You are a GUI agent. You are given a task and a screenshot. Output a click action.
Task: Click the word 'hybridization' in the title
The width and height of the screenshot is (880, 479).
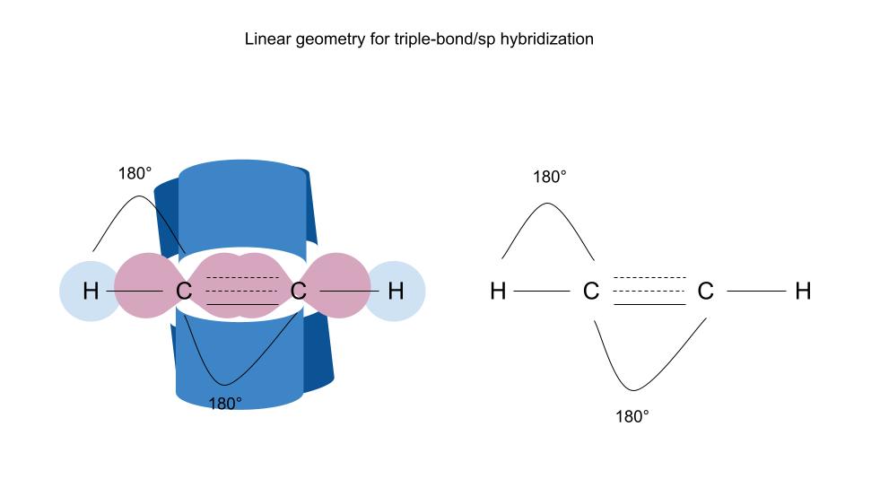tap(549, 40)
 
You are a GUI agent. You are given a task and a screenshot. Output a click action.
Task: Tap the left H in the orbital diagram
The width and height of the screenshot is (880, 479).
tap(90, 292)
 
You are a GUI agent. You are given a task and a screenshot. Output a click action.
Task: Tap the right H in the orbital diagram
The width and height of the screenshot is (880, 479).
tap(396, 292)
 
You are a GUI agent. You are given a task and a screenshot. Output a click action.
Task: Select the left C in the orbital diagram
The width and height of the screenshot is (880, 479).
tap(183, 292)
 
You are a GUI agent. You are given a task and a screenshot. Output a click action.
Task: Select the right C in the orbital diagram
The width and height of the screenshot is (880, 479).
tap(299, 292)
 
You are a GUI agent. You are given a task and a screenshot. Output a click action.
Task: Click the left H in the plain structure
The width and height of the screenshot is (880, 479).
tap(498, 292)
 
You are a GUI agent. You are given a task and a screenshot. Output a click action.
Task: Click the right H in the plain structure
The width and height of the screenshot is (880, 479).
tap(803, 292)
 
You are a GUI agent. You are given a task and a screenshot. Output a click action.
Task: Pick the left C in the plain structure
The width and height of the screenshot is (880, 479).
tap(590, 292)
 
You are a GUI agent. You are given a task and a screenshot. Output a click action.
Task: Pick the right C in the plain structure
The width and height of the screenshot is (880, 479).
tap(706, 292)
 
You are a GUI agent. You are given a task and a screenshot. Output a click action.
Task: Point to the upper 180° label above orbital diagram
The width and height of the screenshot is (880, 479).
tap(135, 173)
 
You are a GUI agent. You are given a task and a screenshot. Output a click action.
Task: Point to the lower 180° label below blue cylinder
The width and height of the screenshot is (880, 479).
tap(225, 403)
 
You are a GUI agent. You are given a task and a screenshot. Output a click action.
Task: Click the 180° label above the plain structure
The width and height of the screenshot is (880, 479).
tap(550, 177)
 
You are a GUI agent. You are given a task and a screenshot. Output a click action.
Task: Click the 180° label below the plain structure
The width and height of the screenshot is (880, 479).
tap(632, 416)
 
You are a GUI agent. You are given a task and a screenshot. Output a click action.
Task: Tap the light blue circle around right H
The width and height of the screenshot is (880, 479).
tap(408, 309)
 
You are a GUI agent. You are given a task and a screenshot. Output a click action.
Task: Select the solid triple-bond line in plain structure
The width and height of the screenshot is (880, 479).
tap(649, 305)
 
